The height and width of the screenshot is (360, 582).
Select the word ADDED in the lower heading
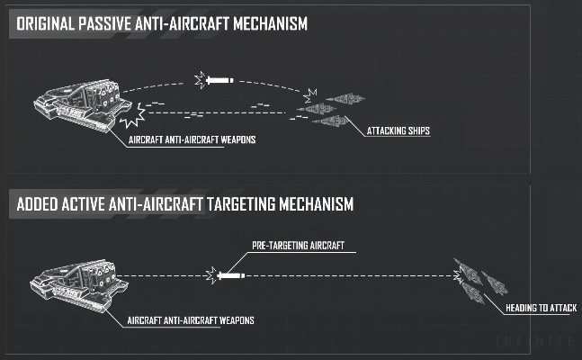point(40,205)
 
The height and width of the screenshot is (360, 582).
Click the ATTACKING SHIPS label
point(398,131)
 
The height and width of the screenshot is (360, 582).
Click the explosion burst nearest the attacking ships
point(311,94)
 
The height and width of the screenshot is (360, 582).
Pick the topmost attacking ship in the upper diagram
point(343,98)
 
